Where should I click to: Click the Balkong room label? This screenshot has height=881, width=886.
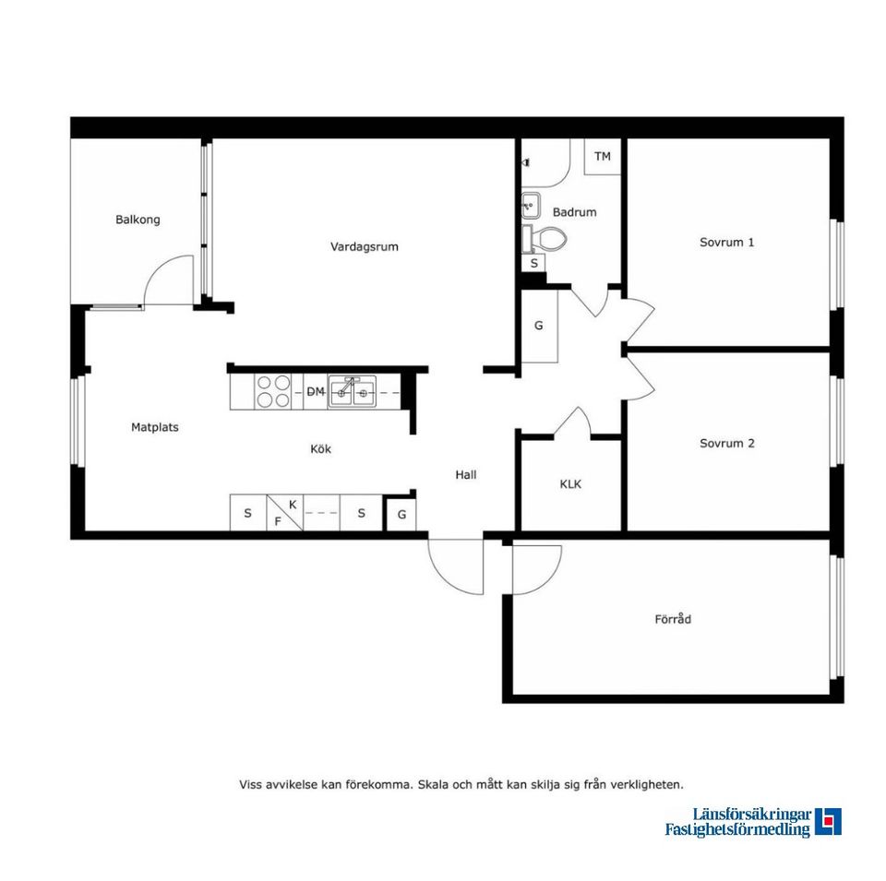pos(138,220)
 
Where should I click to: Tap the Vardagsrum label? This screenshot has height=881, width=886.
pos(365,247)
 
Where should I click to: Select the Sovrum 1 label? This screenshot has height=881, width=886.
pos(726,243)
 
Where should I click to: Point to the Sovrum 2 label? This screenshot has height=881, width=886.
pos(726,444)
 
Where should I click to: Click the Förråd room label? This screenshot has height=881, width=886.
pos(673,619)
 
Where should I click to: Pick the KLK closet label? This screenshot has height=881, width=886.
pos(570,484)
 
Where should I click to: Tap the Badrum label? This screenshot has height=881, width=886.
pos(574,212)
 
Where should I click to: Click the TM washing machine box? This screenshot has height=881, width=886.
pos(603,157)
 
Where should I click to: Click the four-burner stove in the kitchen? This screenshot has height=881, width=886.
pos(273,391)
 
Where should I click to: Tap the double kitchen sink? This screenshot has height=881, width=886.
pos(352,391)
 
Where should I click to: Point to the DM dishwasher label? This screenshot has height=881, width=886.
pos(316,391)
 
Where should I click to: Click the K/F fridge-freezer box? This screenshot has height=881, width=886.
pos(285,513)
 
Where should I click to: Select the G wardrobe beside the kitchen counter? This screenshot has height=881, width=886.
pos(401,515)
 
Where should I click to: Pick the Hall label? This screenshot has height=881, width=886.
pos(465,475)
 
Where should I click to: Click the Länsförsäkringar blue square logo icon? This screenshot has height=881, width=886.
pos(828,822)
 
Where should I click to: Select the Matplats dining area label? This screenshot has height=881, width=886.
pos(155,427)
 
